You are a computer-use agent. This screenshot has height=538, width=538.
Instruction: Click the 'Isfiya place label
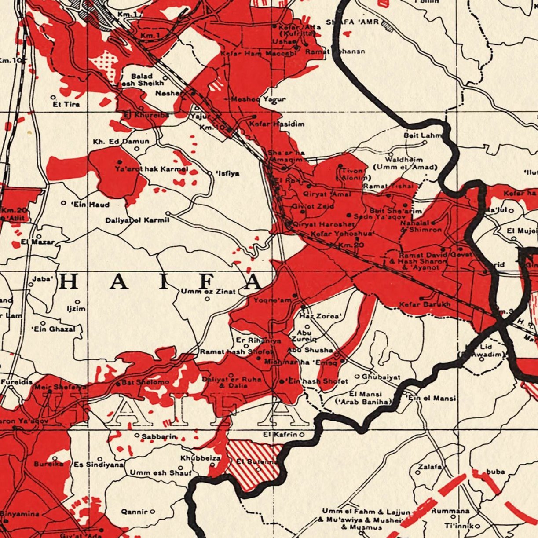pyautogui.click(x=228, y=173)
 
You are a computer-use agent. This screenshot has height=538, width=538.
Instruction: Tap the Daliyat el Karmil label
pyautogui.click(x=137, y=220)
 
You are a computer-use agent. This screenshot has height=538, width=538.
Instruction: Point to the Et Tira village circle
pyautogui.click(x=53, y=97)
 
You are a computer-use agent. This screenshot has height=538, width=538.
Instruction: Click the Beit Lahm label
pyautogui.click(x=423, y=135)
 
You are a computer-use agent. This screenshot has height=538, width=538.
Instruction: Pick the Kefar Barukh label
pyautogui.click(x=425, y=304)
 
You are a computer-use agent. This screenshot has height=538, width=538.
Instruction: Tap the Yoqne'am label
pyautogui.click(x=273, y=300)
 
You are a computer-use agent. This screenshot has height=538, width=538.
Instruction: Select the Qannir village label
pyautogui.click(x=134, y=512)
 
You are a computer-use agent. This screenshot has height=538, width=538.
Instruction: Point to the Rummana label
pyautogui.click(x=450, y=511)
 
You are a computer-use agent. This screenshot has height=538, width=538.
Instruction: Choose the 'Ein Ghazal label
pyautogui.click(x=50, y=329)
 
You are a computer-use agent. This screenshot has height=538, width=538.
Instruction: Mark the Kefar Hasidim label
pyautogui.click(x=277, y=124)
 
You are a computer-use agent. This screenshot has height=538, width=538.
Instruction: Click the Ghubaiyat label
pyautogui.click(x=381, y=377)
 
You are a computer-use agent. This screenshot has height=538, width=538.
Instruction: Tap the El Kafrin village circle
pyautogui.click(x=302, y=435)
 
